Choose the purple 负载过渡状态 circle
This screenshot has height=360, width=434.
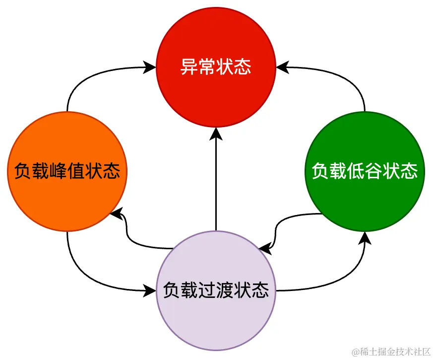click(x=216, y=318)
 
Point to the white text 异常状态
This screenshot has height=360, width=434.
click(x=216, y=67)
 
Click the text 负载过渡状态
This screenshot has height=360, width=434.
click(x=216, y=289)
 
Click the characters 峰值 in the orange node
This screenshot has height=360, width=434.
click(x=67, y=171)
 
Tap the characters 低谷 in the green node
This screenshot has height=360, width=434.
click(x=365, y=171)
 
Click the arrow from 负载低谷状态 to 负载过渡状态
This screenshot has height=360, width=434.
click(x=288, y=223)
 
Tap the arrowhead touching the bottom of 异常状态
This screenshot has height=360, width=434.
click(x=216, y=133)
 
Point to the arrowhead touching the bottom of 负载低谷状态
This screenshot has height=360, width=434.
click(x=365, y=237)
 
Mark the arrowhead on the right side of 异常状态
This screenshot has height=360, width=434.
click(x=281, y=67)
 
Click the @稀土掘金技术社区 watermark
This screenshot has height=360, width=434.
click(x=392, y=352)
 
